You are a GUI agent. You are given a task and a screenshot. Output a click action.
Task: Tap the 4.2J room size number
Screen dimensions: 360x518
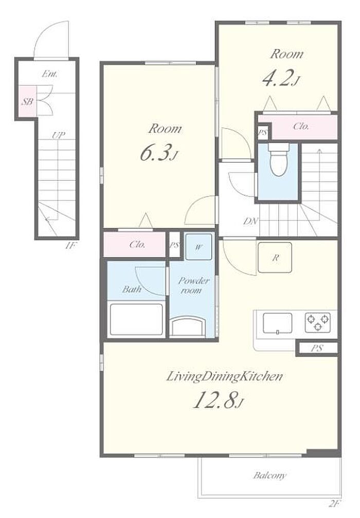281,79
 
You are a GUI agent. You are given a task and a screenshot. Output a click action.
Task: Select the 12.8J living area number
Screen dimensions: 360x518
218,401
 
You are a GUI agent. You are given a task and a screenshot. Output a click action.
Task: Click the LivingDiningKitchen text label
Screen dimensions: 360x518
224,376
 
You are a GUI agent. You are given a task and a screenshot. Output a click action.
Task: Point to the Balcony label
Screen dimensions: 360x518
269,476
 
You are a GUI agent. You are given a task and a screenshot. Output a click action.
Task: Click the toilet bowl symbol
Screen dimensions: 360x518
278,159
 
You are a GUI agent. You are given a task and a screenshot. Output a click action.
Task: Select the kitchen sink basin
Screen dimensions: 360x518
277,323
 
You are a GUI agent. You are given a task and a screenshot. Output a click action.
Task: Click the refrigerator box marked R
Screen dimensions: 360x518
275,257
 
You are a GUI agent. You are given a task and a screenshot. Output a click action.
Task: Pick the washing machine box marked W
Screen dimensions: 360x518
199,247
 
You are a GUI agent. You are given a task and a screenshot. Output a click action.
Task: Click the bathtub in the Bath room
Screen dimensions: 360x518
136,319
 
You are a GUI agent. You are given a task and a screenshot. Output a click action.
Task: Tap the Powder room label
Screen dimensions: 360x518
193,285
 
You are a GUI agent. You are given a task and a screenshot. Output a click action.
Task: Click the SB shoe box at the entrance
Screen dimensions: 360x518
27,101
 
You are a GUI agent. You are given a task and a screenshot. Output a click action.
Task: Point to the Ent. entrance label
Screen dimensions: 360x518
49,74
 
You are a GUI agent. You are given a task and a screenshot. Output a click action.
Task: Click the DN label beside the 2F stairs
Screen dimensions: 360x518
250,221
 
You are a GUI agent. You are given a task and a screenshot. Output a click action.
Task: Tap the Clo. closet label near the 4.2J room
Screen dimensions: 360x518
301,126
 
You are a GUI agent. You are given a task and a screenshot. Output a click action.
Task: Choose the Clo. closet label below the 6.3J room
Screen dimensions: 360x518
137,245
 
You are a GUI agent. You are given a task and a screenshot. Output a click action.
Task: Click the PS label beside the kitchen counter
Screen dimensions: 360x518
316,348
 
